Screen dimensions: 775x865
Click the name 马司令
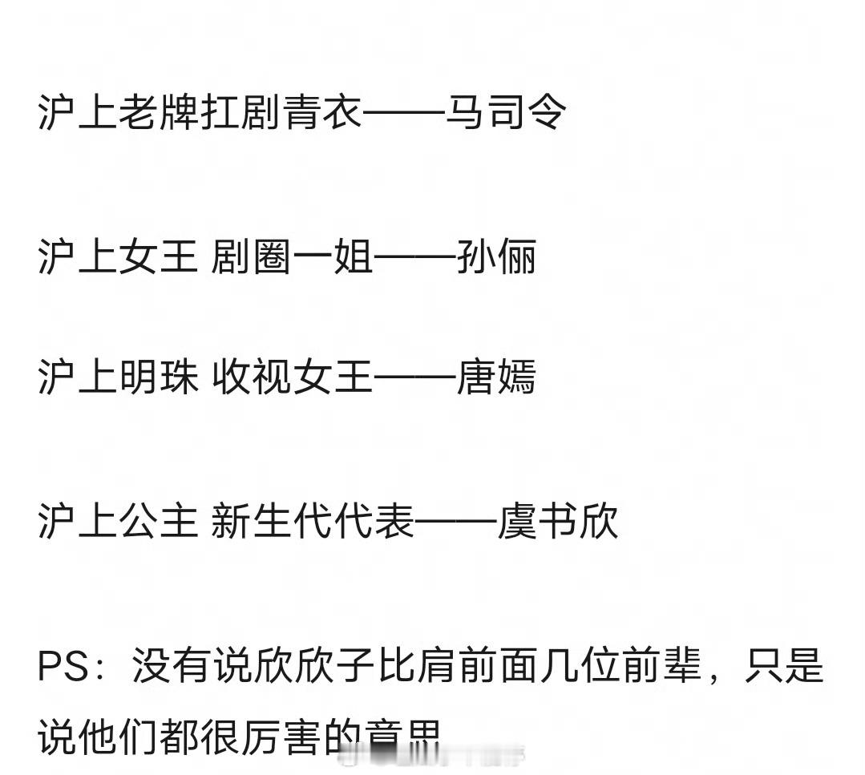[506, 113]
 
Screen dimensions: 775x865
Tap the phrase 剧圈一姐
[292, 257]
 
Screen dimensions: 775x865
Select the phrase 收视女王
[292, 377]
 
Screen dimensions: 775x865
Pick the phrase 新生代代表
[313, 522]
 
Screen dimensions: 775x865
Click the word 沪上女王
[118, 257]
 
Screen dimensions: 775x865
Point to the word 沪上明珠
[118, 377]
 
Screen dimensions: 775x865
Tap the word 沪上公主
[118, 522]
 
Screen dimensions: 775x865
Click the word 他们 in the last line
[119, 735]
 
